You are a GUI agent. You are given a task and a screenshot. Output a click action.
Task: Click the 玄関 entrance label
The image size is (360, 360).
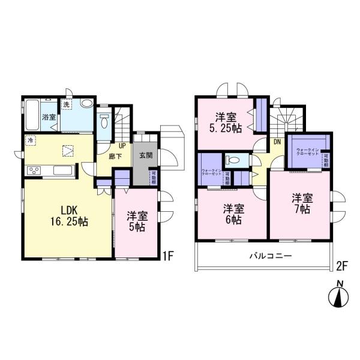[x=145, y=156]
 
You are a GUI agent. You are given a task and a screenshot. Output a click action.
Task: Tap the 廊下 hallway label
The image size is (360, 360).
[x=116, y=156]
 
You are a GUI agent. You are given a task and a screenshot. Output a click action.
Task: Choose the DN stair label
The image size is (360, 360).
[x=277, y=142]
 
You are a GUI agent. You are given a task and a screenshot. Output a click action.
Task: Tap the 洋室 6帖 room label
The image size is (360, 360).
[x=233, y=214]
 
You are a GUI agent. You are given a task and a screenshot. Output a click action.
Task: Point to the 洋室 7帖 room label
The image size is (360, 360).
[x=301, y=203]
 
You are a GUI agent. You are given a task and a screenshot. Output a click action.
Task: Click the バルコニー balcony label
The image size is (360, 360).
[x=271, y=256]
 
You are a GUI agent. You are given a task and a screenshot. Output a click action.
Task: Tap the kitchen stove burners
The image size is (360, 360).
[x=34, y=171]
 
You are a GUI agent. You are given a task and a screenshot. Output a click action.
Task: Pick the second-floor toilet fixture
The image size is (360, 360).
[x=232, y=160]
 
